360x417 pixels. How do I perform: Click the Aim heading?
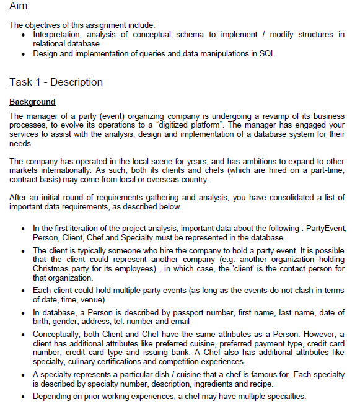coord(19,6)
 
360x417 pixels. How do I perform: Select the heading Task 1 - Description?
coord(56,82)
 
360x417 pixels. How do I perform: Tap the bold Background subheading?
coord(32,102)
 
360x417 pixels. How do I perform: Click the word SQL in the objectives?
coord(268,54)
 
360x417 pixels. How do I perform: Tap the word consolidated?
coord(284,197)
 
